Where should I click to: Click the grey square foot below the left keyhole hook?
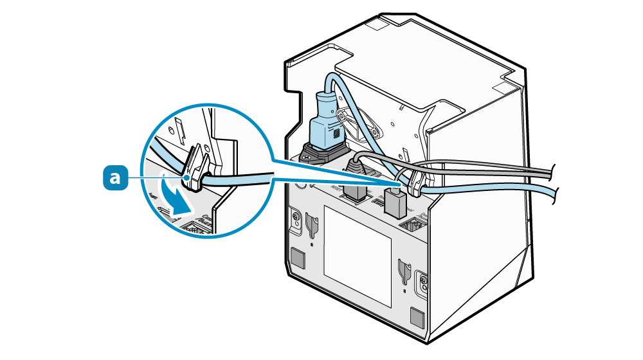[x=297, y=258]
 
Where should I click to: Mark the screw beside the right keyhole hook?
[x=422, y=280]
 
